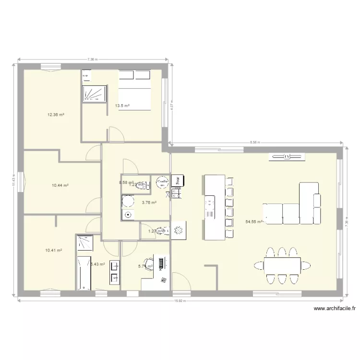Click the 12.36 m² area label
(x=56, y=115)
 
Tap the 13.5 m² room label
(x=122, y=106)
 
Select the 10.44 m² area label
(x=60, y=185)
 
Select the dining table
(x=282, y=265)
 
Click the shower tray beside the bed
(x=94, y=94)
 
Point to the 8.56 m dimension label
(x=256, y=142)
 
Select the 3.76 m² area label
(x=149, y=203)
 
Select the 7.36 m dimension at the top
(x=93, y=60)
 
